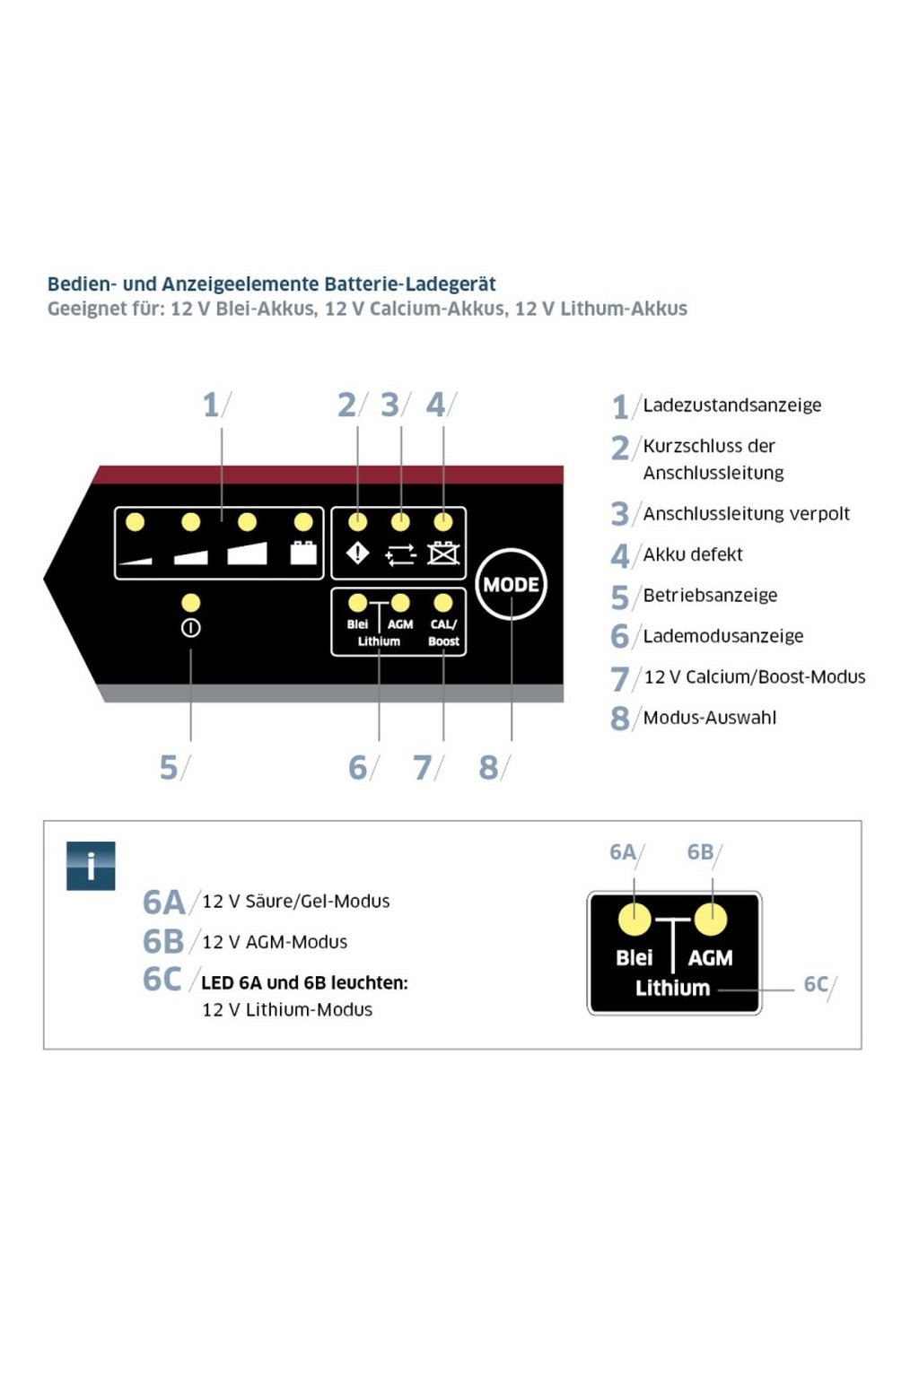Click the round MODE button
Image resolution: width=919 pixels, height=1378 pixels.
point(511,584)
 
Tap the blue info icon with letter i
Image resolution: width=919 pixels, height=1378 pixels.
point(91,866)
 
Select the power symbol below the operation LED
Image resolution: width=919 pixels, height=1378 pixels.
point(190,628)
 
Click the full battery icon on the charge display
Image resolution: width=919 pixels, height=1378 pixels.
point(303,552)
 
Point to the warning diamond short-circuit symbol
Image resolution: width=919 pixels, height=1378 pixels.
point(357,554)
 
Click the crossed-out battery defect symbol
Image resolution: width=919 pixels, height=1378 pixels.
point(442,554)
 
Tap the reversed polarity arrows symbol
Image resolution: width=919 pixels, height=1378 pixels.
point(400,554)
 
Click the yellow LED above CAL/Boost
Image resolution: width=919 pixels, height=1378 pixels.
point(443,603)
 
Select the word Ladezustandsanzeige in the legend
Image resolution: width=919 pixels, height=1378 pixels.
point(731,406)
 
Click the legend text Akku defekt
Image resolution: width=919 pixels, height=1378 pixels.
point(692,554)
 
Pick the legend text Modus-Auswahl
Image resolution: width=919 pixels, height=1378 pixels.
point(709,718)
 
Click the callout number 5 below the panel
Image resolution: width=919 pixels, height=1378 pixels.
point(169,767)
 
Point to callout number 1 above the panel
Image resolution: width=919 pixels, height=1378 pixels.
point(211,405)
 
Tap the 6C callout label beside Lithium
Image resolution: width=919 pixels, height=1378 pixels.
point(816,984)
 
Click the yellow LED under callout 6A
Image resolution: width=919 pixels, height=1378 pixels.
point(635,920)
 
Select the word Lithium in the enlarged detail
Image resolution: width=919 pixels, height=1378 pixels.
point(672,988)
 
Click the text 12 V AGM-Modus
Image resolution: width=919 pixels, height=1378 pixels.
point(274,942)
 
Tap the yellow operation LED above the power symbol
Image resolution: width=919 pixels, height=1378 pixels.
point(190,602)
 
